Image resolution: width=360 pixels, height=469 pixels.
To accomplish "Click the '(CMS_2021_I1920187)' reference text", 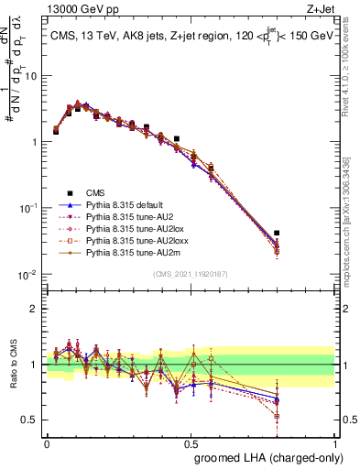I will click(191, 274).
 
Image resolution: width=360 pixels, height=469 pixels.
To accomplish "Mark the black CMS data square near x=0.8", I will click(277, 234).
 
